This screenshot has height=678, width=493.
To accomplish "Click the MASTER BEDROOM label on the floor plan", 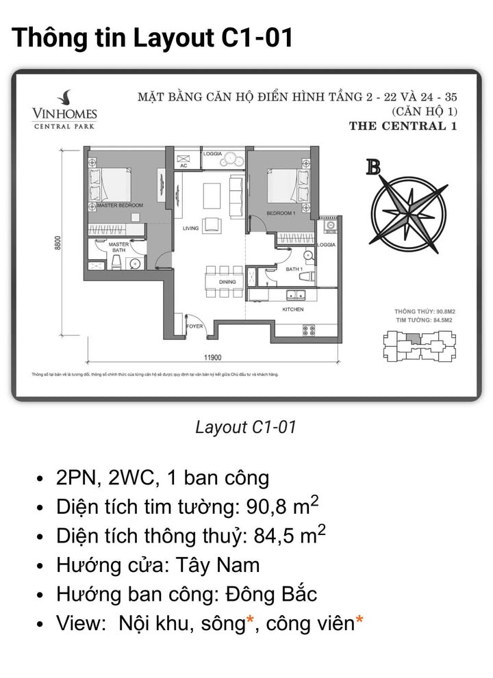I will pyautogui.click(x=120, y=205).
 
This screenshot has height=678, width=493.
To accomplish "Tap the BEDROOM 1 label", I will pyautogui.click(x=281, y=213).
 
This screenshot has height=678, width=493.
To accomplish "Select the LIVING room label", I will pyautogui.click(x=190, y=229).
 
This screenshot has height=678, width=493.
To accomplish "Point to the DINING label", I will pyautogui.click(x=227, y=282).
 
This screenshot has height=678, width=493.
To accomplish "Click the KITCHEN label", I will pyautogui.click(x=293, y=309).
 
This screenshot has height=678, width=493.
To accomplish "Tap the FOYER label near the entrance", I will pyautogui.click(x=195, y=326).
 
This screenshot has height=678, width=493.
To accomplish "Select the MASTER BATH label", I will pyautogui.click(x=118, y=247).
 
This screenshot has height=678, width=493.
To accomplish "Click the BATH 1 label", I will pyautogui.click(x=294, y=270).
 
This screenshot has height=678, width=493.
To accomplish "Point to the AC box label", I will pyautogui.click(x=184, y=166).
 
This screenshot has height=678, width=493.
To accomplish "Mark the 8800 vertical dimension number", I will pyautogui.click(x=59, y=243).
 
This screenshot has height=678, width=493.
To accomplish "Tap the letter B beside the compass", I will pyautogui.click(x=373, y=166).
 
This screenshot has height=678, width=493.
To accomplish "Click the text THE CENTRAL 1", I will pyautogui.click(x=403, y=126).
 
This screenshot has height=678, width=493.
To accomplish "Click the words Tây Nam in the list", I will pyautogui.click(x=227, y=565).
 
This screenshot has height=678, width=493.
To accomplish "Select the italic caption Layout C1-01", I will pyautogui.click(x=246, y=428).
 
